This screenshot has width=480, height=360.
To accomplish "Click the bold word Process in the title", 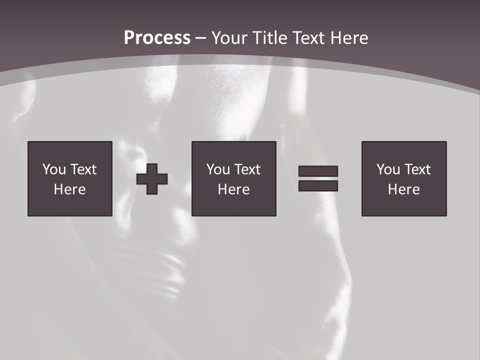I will [157, 38].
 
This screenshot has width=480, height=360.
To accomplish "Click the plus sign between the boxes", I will [152, 179].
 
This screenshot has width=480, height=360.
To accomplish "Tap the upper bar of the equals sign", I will [318, 171].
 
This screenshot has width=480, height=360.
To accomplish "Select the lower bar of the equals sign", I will [318, 185].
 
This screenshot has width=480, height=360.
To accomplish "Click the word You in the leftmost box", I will [54, 169].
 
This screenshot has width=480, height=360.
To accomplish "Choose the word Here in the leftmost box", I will [69, 189].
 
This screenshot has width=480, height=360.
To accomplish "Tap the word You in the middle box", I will [218, 169].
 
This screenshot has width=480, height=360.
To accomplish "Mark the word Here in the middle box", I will [233, 189].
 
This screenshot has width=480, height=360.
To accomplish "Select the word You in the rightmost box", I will [388, 169].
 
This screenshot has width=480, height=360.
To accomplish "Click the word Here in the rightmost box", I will [403, 189].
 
